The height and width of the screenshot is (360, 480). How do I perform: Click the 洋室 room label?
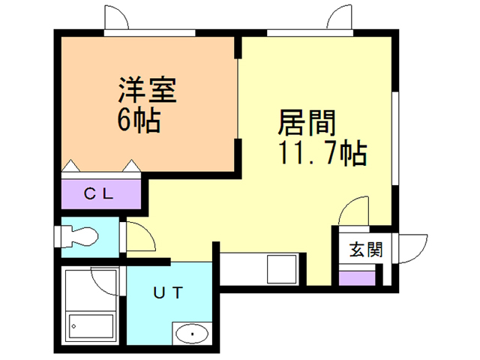pos(146,91)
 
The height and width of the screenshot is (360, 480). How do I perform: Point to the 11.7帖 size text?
pos(322,154)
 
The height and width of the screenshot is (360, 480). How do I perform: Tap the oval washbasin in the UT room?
pos(192,333)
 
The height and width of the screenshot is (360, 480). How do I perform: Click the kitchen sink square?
pos(283,268)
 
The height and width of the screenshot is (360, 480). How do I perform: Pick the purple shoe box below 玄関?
pos(357,278)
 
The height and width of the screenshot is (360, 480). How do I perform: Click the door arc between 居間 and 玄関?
pos(352,213)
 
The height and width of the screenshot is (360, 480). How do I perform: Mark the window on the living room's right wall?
pos(395,135)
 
